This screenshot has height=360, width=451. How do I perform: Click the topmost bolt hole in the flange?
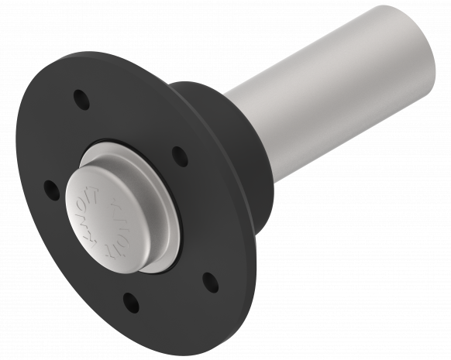79,99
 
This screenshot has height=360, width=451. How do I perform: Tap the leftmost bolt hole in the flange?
51,188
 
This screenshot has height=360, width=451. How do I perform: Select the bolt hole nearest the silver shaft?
179,156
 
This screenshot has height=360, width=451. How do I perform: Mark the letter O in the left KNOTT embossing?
86,218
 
